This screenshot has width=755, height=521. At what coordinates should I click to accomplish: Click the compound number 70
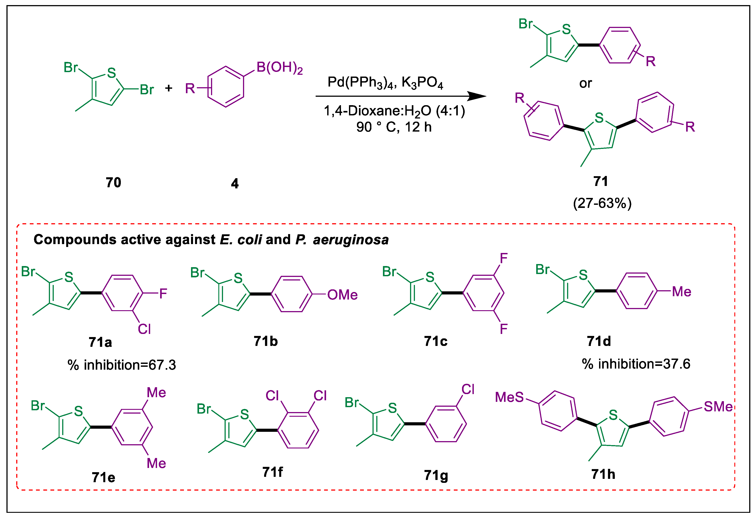pyautogui.click(x=113, y=182)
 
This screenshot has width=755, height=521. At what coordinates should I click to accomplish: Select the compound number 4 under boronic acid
pyautogui.click(x=235, y=184)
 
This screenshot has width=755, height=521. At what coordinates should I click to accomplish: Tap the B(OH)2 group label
pyautogui.click(x=279, y=68)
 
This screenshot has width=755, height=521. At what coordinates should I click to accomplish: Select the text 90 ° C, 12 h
pyautogui.click(x=394, y=127)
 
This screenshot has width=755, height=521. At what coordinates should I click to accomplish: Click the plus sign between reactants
pyautogui.click(x=169, y=88)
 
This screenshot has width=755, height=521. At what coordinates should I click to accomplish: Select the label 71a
pyautogui.click(x=100, y=342)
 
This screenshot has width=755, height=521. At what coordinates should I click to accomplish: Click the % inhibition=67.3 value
pyautogui.click(x=122, y=365)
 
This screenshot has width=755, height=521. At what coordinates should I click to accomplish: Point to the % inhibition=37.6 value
pyautogui.click(x=636, y=364)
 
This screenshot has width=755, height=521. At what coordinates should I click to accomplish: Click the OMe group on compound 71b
pyautogui.click(x=342, y=294)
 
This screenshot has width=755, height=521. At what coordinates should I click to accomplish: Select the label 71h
pyautogui.click(x=603, y=474)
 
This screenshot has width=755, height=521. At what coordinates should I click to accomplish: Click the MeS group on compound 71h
pyautogui.click(x=509, y=397)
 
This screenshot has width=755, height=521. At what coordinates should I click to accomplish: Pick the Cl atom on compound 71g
pyautogui.click(x=468, y=389)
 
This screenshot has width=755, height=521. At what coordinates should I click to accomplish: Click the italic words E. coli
pyautogui.click(x=241, y=240)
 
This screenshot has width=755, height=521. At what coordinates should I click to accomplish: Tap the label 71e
pyautogui.click(x=103, y=477)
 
